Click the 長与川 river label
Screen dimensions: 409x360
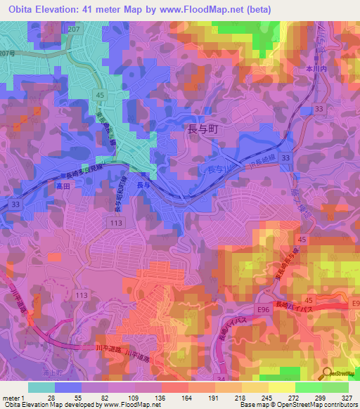211,169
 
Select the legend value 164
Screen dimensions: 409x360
184,397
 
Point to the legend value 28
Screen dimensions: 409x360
51,397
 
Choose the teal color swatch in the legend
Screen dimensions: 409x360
41,387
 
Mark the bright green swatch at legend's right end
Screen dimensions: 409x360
335,387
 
